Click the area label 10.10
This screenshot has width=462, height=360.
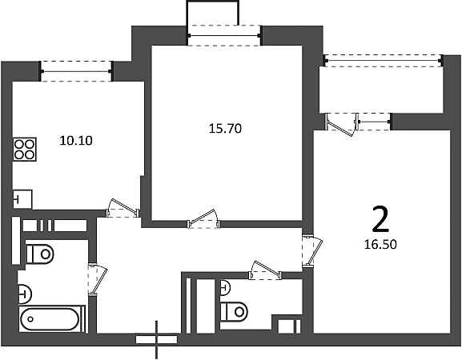click(76, 141)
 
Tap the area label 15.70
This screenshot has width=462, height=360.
click(226, 129)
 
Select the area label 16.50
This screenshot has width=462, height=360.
click(380, 244)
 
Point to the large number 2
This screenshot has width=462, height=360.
click(380, 219)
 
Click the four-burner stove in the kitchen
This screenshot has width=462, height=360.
click(25, 150)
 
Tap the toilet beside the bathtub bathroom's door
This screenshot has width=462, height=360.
click(40, 254)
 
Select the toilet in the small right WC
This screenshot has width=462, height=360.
click(234, 311)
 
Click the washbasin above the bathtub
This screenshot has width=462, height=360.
click(25, 294)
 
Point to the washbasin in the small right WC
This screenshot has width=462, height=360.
click(226, 287)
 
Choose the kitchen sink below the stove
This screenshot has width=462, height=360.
click(22, 199)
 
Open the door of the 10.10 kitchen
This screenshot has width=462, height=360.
click(123, 209)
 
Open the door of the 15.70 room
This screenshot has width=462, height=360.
click(203, 219)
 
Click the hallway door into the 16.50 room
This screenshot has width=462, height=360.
click(312, 250)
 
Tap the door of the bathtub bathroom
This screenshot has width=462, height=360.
click(98, 279)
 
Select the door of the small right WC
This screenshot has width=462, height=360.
click(266, 270)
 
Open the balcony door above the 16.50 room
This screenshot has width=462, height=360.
click(342, 125)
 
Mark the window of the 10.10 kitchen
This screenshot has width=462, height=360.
click(76, 71)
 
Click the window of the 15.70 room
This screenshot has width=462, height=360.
click(224, 36)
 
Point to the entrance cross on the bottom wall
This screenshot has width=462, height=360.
click(156, 339)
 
